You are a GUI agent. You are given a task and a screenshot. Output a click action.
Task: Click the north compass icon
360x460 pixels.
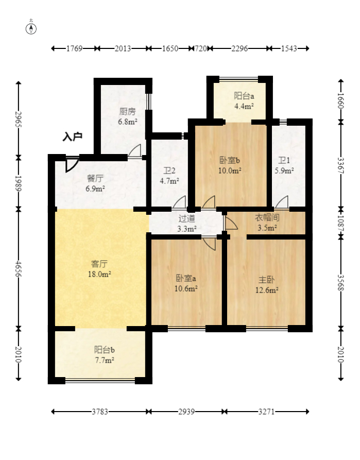pos(31,29)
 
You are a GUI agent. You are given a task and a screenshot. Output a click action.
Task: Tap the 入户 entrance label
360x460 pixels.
pos(72,137)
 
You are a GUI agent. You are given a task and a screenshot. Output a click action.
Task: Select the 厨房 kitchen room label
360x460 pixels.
pos(128,111)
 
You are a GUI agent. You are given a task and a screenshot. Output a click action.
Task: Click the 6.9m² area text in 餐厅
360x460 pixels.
pos(95,189)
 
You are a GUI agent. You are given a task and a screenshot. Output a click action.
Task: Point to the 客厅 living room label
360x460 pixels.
pos(99,264)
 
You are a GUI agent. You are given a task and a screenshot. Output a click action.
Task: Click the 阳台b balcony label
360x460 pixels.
pos(105,350)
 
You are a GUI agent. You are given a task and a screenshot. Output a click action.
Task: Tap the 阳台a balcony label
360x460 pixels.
pos(244,96)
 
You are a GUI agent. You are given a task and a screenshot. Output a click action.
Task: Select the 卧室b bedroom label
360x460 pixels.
pos(230,160)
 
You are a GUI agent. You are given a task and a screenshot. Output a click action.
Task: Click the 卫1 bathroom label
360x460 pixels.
pos(284,160)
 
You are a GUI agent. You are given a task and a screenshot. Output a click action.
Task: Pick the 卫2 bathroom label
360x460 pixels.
pos(169,171)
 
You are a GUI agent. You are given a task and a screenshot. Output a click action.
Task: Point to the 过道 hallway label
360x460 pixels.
pos(187,218)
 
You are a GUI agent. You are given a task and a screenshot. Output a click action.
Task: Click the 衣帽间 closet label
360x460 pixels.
pos(267,217)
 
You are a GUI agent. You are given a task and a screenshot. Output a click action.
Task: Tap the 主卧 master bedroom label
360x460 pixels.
pos(266,280)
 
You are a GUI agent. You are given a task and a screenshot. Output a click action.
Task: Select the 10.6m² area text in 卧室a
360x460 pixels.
pos(186,288)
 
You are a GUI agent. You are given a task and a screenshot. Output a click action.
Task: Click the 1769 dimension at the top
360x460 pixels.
pos(74,48)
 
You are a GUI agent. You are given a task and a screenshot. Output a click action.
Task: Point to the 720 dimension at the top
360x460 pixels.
pos(201,48)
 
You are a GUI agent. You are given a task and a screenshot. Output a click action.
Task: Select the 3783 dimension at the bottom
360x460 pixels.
pos(100,412)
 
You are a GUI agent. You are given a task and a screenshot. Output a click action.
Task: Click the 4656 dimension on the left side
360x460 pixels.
pos(18,269)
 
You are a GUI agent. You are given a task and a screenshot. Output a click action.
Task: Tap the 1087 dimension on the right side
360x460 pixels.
pos(340,224)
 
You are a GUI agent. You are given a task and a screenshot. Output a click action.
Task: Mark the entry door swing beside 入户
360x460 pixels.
pos(71,164)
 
